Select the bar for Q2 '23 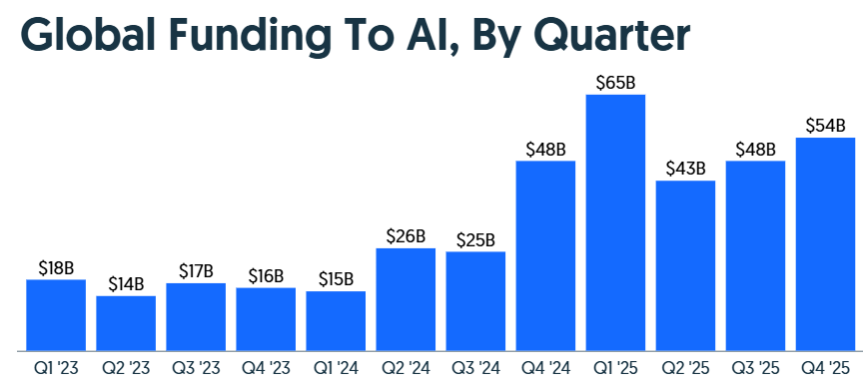(x=126, y=323)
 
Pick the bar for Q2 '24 (x=406, y=299)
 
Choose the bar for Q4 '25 (x=825, y=243)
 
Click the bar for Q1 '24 (x=336, y=320)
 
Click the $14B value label (x=126, y=284)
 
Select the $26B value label (x=406, y=236)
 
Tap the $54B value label (x=825, y=126)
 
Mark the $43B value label (x=685, y=169)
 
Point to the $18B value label (x=56, y=267)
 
